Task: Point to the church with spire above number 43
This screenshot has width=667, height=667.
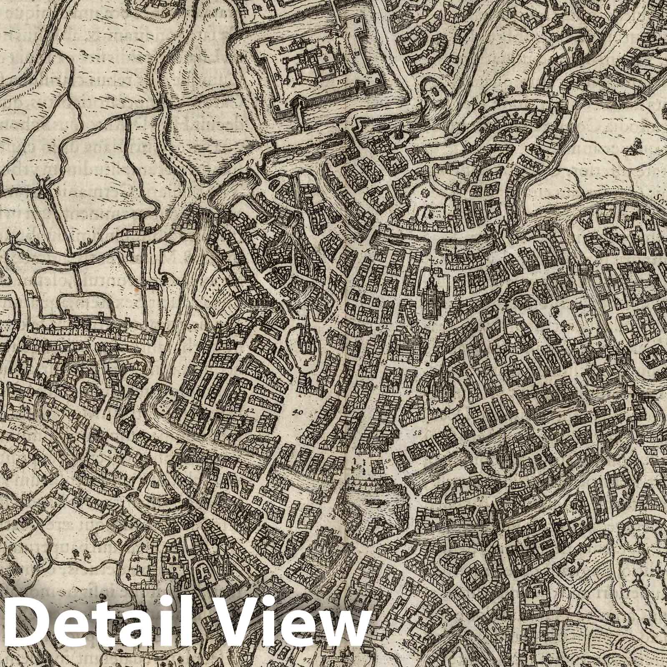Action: [307, 333]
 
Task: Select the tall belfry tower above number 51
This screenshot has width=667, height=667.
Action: [429, 292]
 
